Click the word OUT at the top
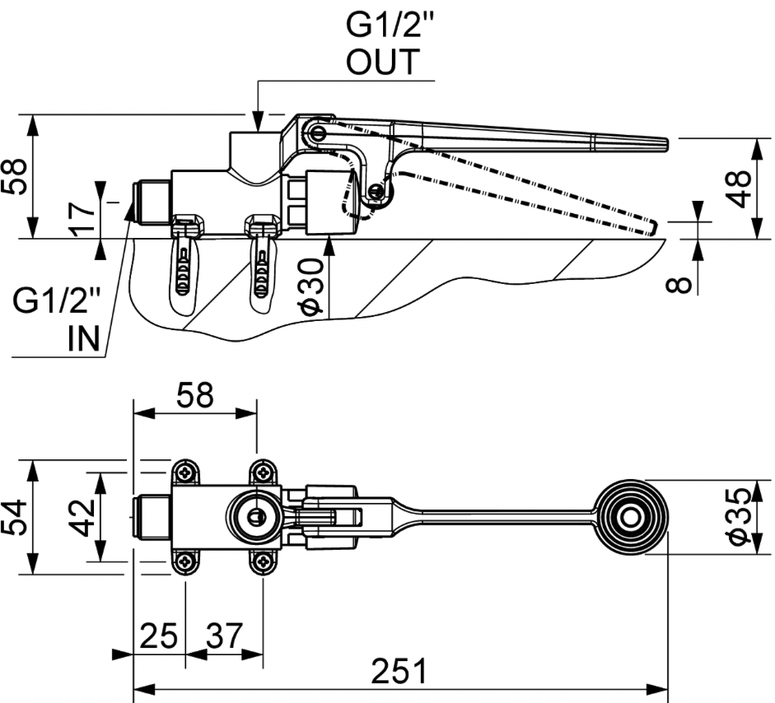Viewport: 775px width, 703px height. click(x=383, y=62)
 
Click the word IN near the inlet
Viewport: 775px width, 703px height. click(x=84, y=338)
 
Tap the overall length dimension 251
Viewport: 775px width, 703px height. click(x=399, y=671)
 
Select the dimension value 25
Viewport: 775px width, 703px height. click(x=159, y=635)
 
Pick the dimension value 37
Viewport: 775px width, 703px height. click(x=225, y=635)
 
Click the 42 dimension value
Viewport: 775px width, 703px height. click(x=82, y=518)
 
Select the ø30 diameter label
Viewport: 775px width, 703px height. click(x=311, y=286)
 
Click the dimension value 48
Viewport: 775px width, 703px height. click(x=738, y=189)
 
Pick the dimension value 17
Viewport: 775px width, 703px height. click(x=82, y=219)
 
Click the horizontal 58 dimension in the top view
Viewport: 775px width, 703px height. click(x=195, y=395)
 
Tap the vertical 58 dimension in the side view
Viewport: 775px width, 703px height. click(x=13, y=176)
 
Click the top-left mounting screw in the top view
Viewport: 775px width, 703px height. click(x=186, y=473)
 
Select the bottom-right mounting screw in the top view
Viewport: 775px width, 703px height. click(x=263, y=561)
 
